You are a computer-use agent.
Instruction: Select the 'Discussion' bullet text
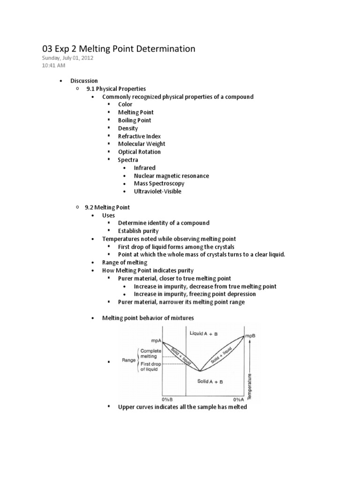click(84, 81)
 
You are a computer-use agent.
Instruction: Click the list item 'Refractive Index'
click(139, 136)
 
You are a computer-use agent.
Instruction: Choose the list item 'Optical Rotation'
click(139, 152)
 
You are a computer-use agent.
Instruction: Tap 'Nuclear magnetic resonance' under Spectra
click(171, 176)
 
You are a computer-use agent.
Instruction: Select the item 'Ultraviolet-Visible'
click(157, 191)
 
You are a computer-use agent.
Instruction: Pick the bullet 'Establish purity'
click(138, 231)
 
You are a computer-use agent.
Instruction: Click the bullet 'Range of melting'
click(125, 262)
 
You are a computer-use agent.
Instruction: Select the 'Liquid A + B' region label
click(204, 333)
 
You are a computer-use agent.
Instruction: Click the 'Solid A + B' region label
click(210, 382)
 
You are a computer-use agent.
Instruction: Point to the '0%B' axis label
click(168, 399)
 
